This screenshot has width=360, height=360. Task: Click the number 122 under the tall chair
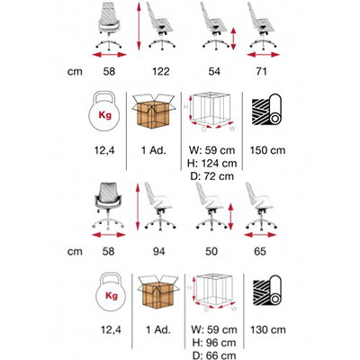click(x=161, y=71)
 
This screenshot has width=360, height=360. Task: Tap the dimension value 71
click(x=261, y=71)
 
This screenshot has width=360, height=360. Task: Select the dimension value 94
click(x=158, y=251)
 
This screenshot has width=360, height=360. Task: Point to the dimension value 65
click(x=260, y=251)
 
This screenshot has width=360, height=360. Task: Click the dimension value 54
click(x=214, y=71)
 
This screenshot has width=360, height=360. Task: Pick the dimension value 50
click(x=211, y=251)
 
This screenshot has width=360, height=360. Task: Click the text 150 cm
click(x=267, y=150)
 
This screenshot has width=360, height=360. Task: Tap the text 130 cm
click(x=268, y=330)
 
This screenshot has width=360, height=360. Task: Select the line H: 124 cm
click(x=212, y=163)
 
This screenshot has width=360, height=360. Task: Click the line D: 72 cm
click(x=212, y=176)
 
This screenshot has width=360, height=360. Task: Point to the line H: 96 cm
click(x=214, y=343)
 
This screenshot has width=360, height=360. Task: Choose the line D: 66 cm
click(x=214, y=355)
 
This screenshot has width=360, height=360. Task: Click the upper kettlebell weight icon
click(x=104, y=112)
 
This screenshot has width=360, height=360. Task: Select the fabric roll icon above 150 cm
click(x=266, y=110)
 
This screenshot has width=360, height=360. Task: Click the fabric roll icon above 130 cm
click(x=267, y=291)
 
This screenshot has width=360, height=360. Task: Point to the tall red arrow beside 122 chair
click(x=139, y=26)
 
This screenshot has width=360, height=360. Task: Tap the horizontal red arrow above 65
click(x=260, y=235)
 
